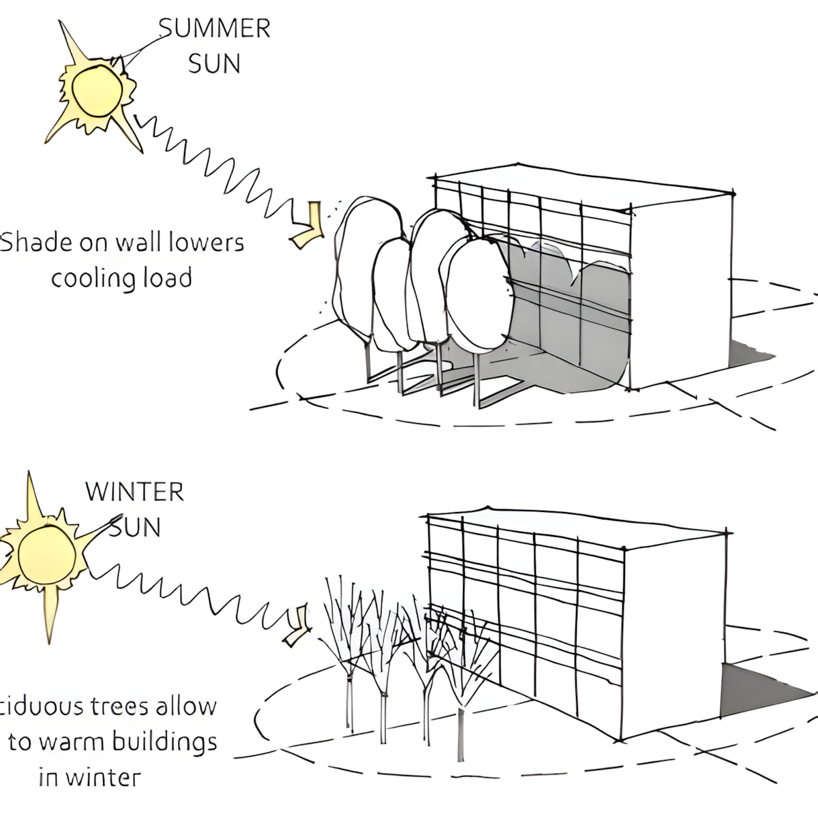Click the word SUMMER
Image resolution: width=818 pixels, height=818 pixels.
point(215,29)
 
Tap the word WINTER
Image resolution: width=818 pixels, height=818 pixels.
point(134,491)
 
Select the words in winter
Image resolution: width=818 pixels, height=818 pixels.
point(89,776)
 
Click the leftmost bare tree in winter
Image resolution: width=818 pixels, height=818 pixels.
point(348,654)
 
